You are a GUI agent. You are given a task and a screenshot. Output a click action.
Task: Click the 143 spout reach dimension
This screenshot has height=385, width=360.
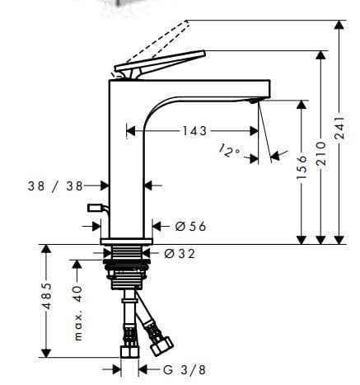[x=194, y=130]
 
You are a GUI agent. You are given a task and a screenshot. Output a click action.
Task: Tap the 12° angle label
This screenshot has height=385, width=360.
[x=231, y=149]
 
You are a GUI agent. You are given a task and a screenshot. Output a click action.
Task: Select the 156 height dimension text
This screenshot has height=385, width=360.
[x=302, y=170]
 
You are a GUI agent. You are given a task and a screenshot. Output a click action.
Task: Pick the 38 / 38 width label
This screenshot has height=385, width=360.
[x=54, y=185]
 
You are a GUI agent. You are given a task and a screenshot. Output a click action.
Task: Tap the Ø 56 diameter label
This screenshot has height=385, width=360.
[x=189, y=226]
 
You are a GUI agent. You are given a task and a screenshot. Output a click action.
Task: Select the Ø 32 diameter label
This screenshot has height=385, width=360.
[x=179, y=254]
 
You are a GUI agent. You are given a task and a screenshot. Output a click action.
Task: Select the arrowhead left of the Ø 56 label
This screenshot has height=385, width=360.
[x=156, y=226]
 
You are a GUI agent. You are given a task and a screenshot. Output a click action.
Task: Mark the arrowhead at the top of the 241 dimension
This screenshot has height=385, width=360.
[x=339, y=26]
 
